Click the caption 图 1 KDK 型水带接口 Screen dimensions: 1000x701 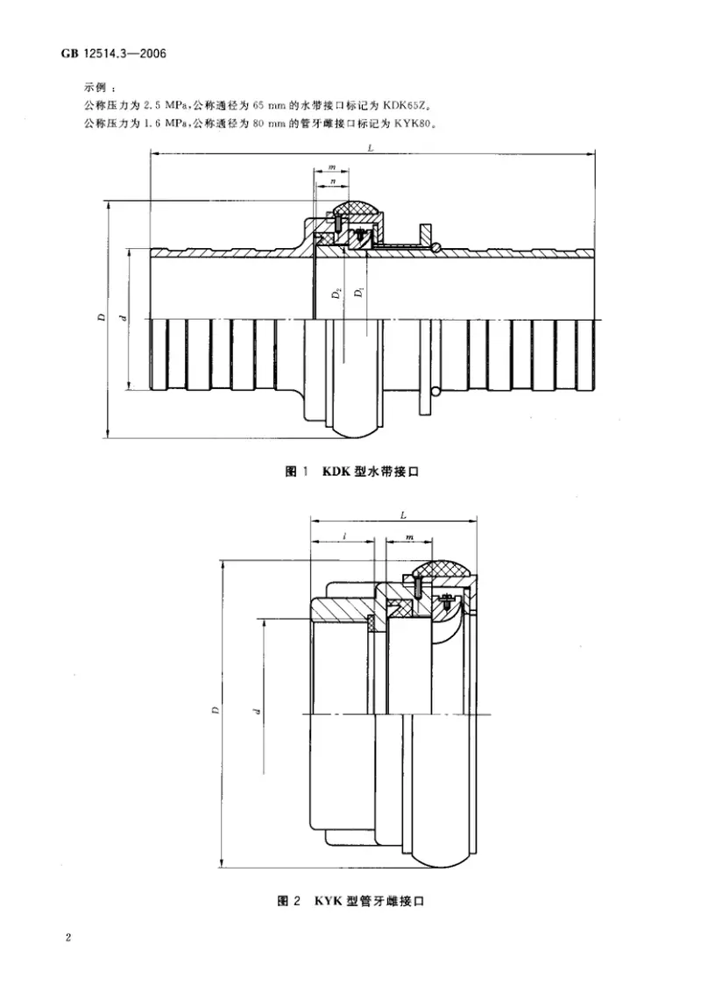click(355, 472)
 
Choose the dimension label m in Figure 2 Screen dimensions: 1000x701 click(409, 534)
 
